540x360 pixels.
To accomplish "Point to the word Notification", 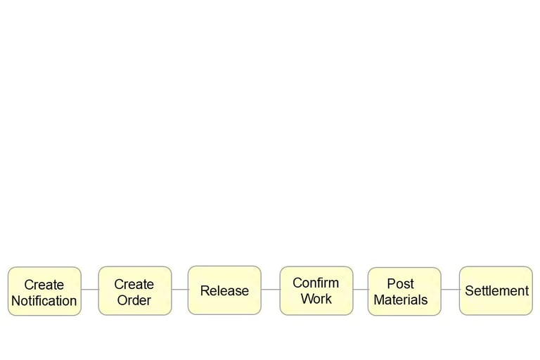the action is (x=44, y=301).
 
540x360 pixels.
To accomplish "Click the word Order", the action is (x=134, y=300).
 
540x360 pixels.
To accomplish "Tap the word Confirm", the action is (x=316, y=283).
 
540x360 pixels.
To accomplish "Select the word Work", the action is (x=316, y=299).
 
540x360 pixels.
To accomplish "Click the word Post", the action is (x=401, y=284).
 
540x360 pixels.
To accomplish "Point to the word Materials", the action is (x=401, y=300).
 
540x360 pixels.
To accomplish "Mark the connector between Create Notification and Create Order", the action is (x=90, y=290).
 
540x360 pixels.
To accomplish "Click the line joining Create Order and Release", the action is (x=180, y=290).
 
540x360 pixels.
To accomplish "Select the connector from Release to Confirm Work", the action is (x=271, y=290).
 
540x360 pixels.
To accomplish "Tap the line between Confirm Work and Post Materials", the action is (x=361, y=290).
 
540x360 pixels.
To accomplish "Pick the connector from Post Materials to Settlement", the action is (x=451, y=290).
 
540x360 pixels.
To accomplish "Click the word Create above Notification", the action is (x=44, y=285).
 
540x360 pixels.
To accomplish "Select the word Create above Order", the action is (x=134, y=284).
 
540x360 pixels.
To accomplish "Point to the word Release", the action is (x=224, y=290).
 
